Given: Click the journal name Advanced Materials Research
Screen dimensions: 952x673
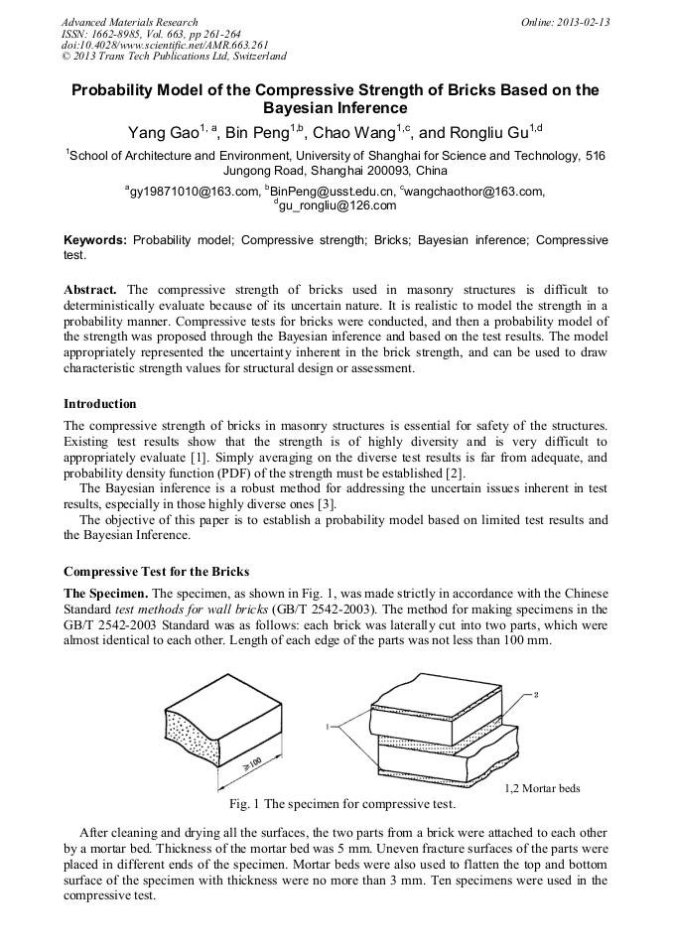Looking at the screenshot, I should coord(129,22).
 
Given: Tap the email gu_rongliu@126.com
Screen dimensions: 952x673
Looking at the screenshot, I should coord(337,205).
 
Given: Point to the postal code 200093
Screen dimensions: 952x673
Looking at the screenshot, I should coord(373,170).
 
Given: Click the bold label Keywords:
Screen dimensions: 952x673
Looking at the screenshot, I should coord(95,240).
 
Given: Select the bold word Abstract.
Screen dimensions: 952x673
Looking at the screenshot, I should coord(89,289).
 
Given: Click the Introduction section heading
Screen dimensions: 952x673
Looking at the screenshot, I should coord(99,404).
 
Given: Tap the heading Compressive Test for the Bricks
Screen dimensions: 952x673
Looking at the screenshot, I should coord(156,572).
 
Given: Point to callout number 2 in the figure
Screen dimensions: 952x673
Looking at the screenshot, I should coord(536,694).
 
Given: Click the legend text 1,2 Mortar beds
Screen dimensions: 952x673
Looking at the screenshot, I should coord(542,788).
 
